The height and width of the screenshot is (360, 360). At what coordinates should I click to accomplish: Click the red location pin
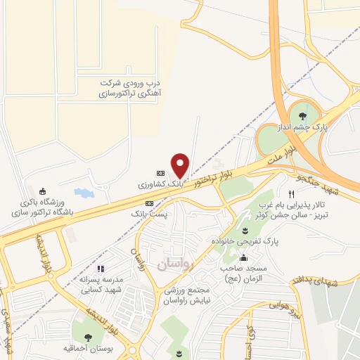[x=181, y=165]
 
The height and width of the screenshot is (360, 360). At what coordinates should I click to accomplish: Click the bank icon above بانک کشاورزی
[x=160, y=173]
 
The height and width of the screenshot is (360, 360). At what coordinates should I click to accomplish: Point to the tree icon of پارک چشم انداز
[x=303, y=115]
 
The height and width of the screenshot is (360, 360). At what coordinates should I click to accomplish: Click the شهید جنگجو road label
[x=323, y=181]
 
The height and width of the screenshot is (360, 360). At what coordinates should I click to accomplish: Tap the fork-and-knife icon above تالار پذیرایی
[x=290, y=193]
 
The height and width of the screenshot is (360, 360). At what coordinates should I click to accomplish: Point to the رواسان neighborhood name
[x=175, y=264]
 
